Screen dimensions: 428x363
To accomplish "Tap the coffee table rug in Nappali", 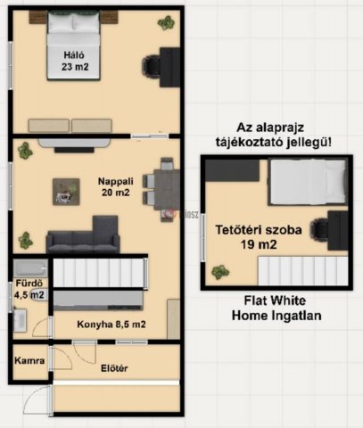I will click(64, 188).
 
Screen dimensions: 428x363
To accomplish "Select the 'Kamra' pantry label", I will click(25, 365).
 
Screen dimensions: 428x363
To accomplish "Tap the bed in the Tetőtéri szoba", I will click(303, 185).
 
